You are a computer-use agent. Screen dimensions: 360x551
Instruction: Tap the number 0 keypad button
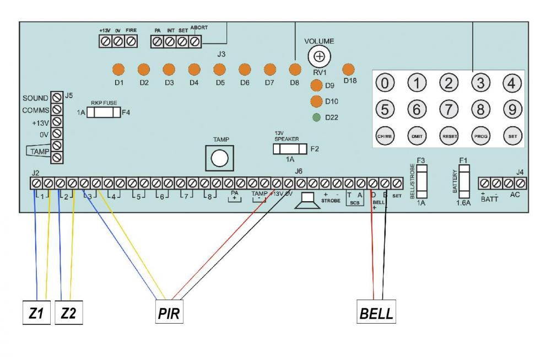[x=386, y=83]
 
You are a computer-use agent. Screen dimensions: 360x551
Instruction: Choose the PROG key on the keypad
[x=480, y=135]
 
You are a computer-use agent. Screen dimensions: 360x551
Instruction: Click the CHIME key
[x=386, y=135]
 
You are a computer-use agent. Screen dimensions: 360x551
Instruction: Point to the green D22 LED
[x=316, y=117]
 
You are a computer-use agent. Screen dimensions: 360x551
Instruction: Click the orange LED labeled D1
[x=118, y=70]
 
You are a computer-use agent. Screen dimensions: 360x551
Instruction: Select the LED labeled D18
[x=348, y=70]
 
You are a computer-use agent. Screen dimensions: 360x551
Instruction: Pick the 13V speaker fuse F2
[x=290, y=149]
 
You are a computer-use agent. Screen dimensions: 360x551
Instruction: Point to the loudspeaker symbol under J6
[x=307, y=201]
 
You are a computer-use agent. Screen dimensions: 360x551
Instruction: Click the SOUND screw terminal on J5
[x=56, y=98]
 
